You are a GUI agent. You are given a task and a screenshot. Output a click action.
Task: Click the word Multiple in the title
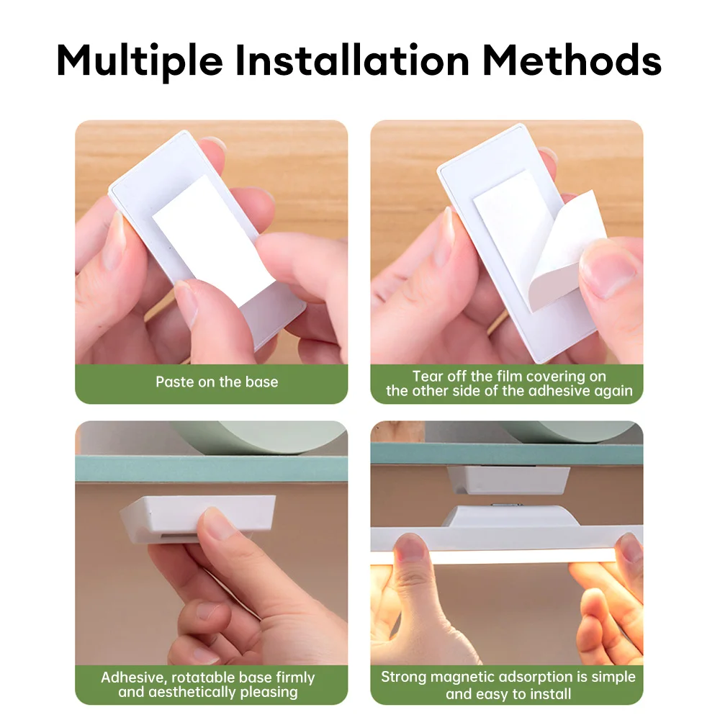[140, 61]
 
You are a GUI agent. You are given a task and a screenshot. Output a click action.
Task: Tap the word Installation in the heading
[352, 60]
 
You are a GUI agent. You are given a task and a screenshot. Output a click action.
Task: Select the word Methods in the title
[572, 60]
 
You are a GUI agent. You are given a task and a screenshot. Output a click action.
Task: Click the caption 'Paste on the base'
[217, 382]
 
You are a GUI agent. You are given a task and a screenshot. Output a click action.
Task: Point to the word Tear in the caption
[428, 377]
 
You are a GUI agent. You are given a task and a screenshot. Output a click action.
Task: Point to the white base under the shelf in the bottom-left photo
[197, 519]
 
